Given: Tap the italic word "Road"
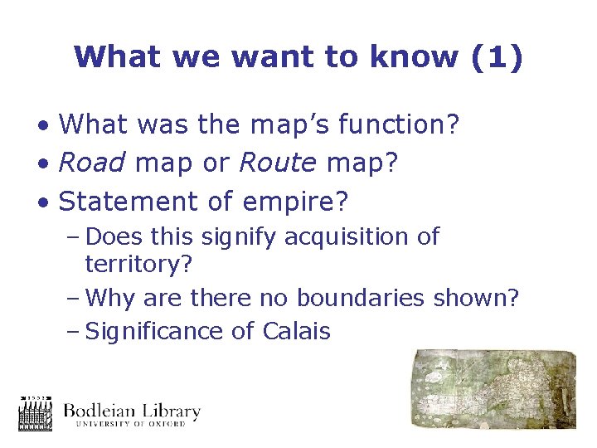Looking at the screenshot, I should (x=93, y=163).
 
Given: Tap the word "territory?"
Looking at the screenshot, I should (x=138, y=264).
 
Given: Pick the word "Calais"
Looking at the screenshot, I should (x=296, y=331).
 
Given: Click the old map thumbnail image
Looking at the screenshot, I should (x=494, y=389).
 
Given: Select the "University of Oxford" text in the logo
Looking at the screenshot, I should (x=132, y=424).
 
